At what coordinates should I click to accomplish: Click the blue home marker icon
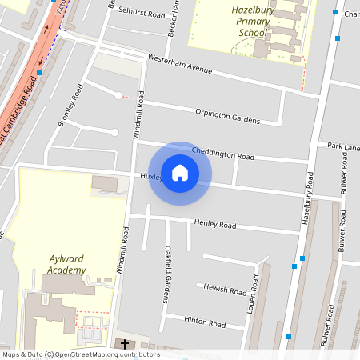180,172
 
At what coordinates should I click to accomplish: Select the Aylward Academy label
66,264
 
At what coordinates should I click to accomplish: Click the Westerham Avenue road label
181,64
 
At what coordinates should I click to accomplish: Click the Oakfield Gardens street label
167,274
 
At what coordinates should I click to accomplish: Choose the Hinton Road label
205,322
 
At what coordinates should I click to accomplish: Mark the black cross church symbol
124,344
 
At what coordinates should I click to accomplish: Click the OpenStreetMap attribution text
80,354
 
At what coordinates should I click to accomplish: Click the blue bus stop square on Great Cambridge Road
38,72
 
